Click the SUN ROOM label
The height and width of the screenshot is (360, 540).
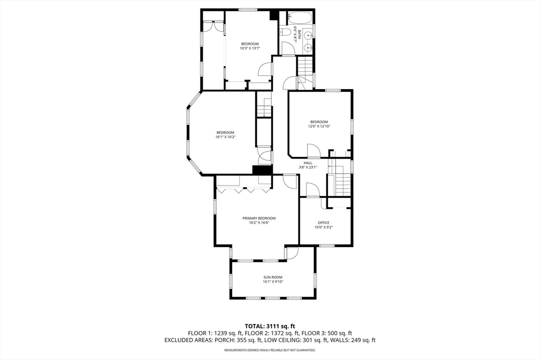point(273,277)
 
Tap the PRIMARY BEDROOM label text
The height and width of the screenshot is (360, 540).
point(259,218)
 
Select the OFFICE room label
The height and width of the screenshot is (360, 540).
point(323,222)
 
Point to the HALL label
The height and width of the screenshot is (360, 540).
point(308,163)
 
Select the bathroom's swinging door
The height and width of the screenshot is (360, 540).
point(288,48)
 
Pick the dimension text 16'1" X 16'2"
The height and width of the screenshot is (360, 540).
point(225,137)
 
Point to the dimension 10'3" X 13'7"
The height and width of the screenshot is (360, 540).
point(250,48)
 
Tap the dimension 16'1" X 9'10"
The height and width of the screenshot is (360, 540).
point(273,282)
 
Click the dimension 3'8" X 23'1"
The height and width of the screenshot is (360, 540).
point(308,168)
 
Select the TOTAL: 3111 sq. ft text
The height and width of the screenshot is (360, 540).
point(269,326)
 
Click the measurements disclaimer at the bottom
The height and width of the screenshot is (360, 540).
point(269,350)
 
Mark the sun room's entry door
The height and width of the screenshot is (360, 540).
point(291,254)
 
